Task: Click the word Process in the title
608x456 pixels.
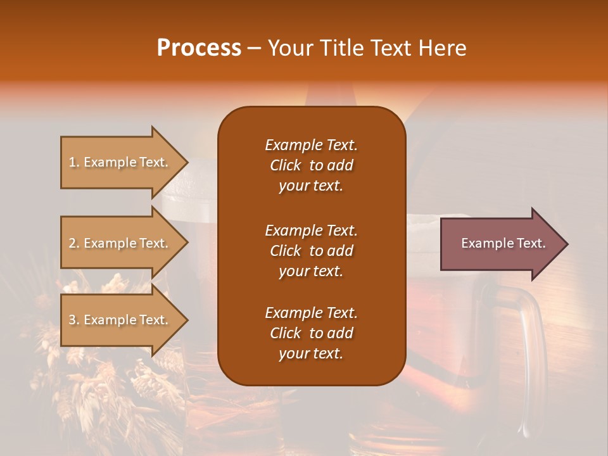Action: [199, 48]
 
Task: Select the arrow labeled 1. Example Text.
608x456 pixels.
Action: [120, 162]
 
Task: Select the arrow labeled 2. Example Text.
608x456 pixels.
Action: [120, 243]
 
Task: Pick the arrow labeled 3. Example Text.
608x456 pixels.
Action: [120, 320]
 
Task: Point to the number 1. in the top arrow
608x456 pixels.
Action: [74, 162]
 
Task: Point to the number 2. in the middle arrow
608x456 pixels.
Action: [74, 243]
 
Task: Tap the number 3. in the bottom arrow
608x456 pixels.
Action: [74, 320]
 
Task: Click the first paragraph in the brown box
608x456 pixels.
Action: [311, 165]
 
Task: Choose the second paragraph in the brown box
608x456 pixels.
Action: [311, 250]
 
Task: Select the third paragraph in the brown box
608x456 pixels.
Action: [311, 333]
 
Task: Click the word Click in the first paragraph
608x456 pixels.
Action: [285, 165]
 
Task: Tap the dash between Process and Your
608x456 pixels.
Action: [255, 48]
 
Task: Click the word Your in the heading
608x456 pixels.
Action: [288, 48]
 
